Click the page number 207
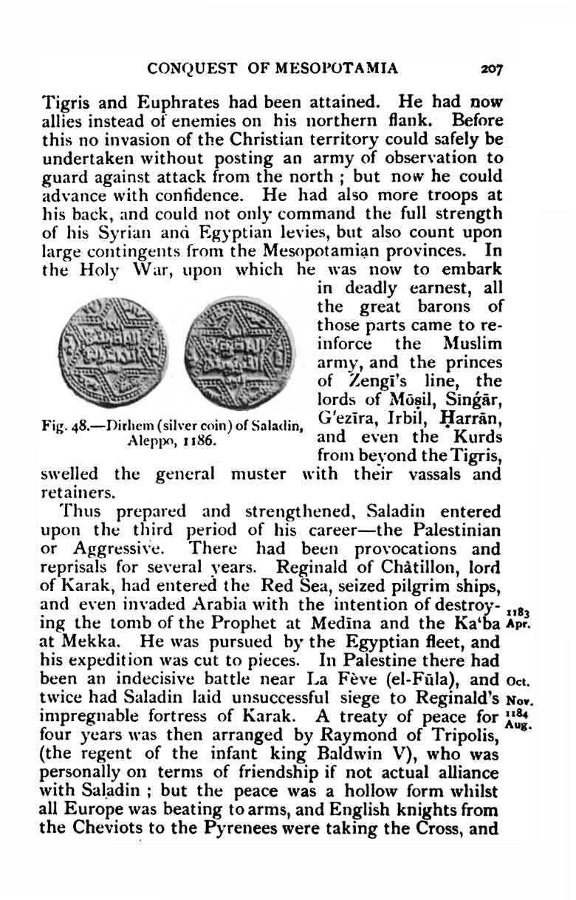pos(491,69)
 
